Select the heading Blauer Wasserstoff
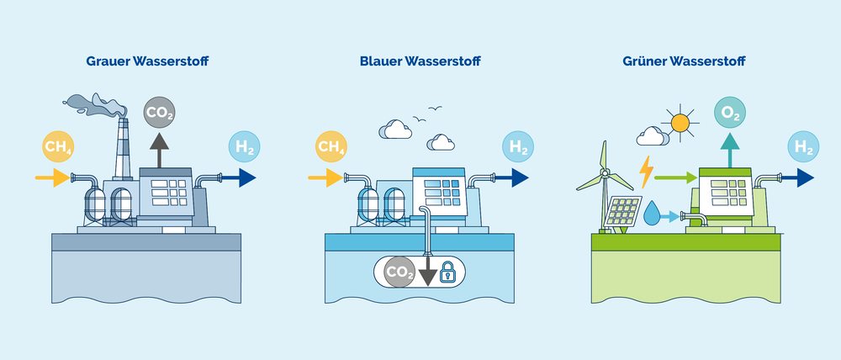tap(418, 61)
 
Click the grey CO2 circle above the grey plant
tap(160, 112)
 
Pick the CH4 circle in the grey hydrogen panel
tap(58, 149)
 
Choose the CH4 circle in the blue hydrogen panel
tap(331, 149)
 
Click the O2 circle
tap(729, 112)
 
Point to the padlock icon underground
tap(447, 271)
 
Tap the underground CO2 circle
tap(399, 272)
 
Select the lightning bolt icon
tap(646, 172)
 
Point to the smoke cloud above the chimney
tap(97, 104)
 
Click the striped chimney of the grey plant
tap(123, 151)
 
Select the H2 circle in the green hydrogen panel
tap(803, 149)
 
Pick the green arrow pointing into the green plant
tap(675, 177)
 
